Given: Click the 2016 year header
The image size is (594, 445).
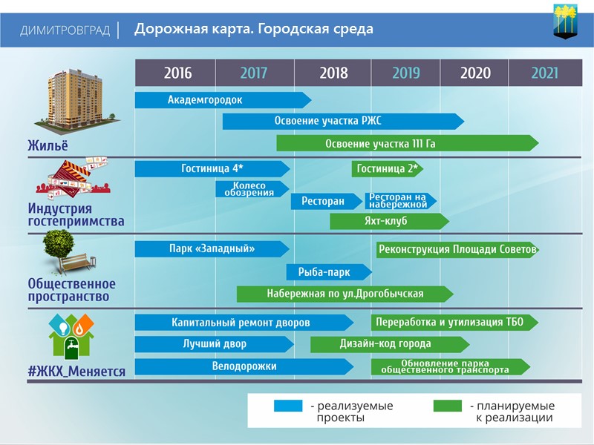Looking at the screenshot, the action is click(177, 73).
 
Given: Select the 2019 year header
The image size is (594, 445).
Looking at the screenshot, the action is click(406, 73).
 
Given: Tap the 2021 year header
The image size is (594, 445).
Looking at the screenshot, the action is click(544, 73).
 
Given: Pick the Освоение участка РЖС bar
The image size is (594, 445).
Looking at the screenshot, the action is click(342, 121).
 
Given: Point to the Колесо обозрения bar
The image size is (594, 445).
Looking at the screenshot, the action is click(250, 189).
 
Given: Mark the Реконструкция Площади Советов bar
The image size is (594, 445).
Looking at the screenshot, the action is click(457, 249).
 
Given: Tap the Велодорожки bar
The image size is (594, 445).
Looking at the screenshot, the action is click(244, 366).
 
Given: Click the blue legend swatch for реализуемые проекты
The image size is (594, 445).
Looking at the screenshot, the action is click(288, 406).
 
